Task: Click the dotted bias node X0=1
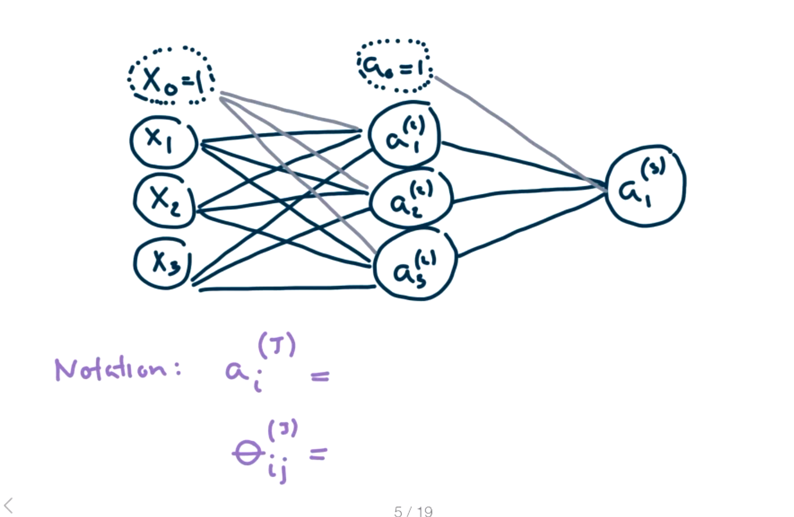click(170, 77)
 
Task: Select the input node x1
click(163, 141)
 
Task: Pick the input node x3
click(163, 263)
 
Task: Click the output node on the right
click(645, 185)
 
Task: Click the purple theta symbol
click(248, 453)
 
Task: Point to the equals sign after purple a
click(320, 376)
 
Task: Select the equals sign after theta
click(318, 453)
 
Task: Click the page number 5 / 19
click(413, 511)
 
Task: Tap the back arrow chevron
click(9, 506)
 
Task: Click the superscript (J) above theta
click(282, 430)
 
